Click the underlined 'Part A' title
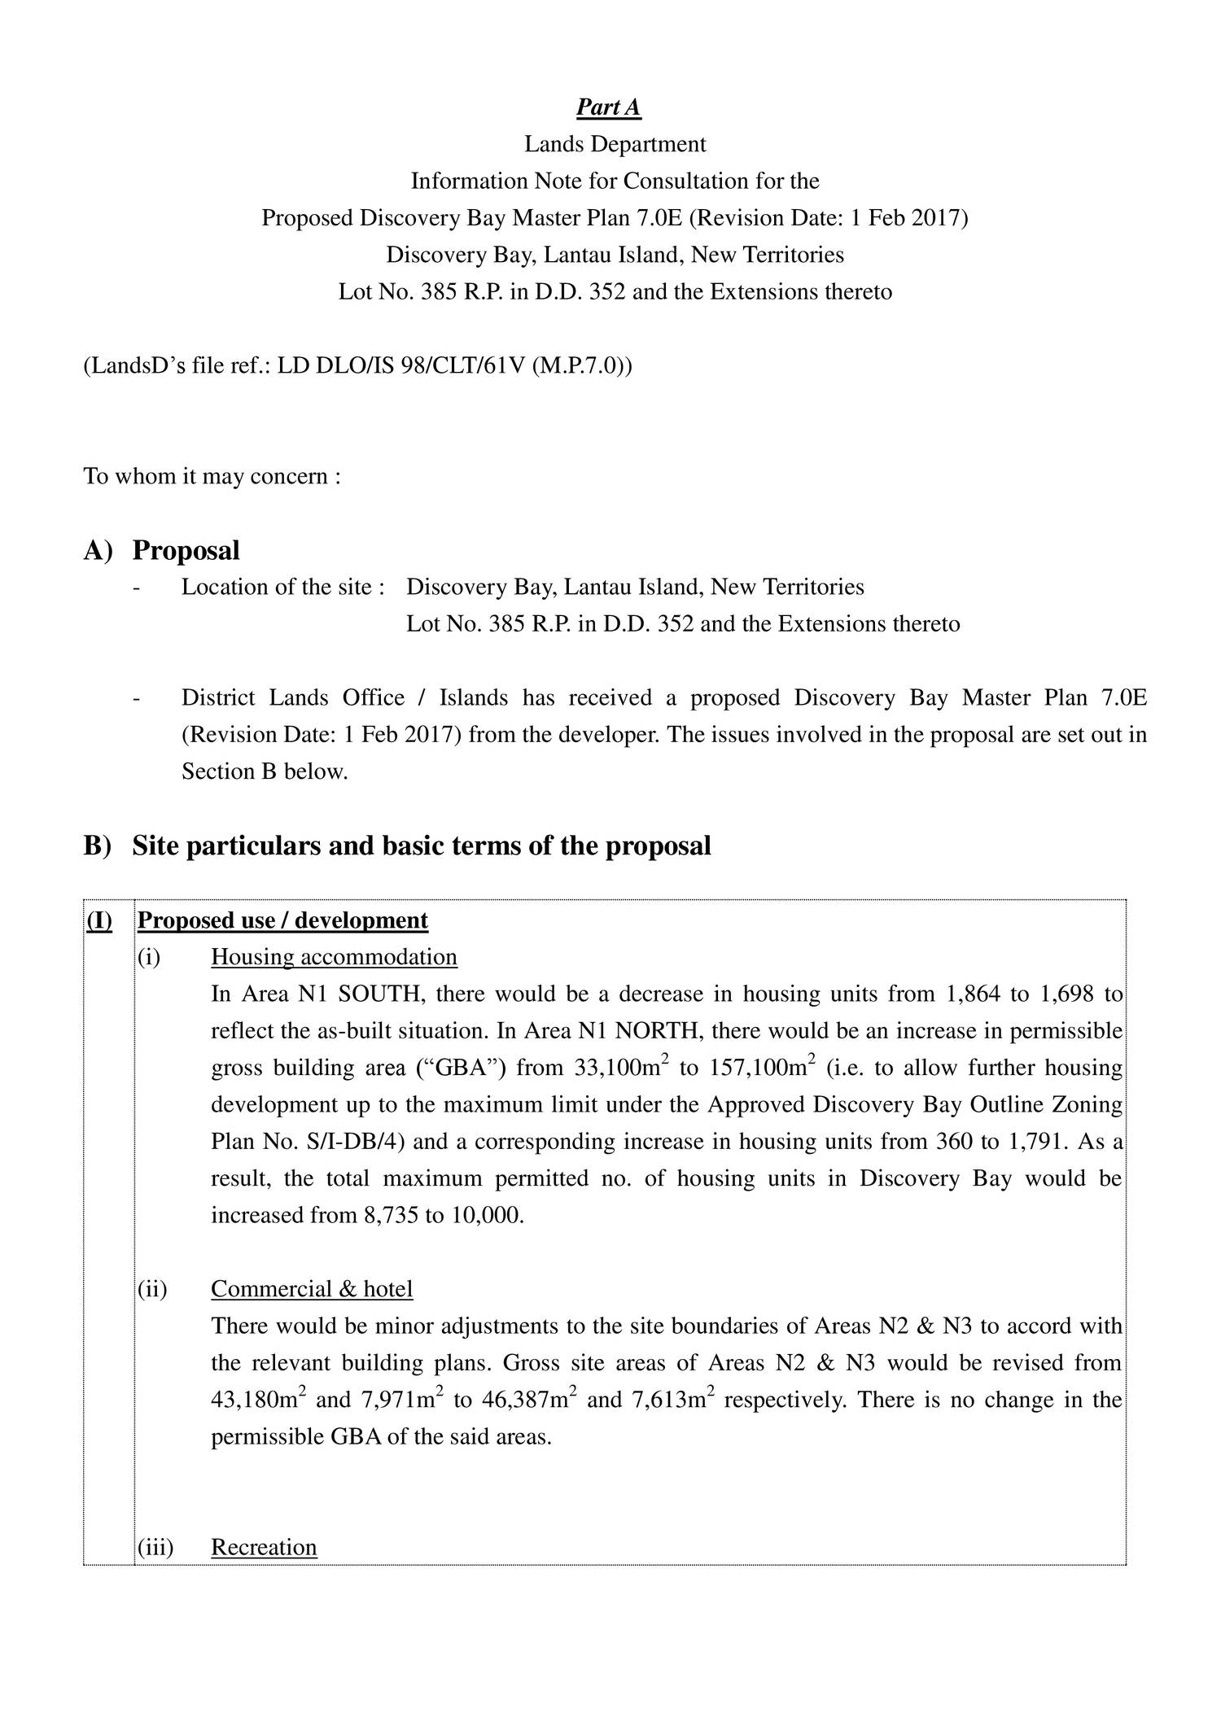click(x=608, y=107)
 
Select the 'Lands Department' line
click(x=615, y=144)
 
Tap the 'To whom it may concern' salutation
click(x=212, y=476)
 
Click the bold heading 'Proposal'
click(x=186, y=551)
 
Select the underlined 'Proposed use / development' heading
click(x=282, y=920)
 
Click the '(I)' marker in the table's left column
click(x=99, y=920)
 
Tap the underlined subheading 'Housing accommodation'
click(x=334, y=957)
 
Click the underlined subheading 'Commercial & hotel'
click(x=312, y=1289)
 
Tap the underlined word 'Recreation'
click(x=264, y=1547)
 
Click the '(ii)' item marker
click(x=152, y=1289)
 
